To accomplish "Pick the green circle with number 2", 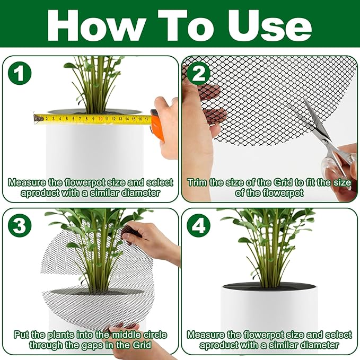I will click(x=198, y=74).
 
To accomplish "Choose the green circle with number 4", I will click(x=198, y=226).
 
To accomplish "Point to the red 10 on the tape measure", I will click(x=100, y=119).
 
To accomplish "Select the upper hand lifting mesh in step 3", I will click(x=151, y=241).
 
